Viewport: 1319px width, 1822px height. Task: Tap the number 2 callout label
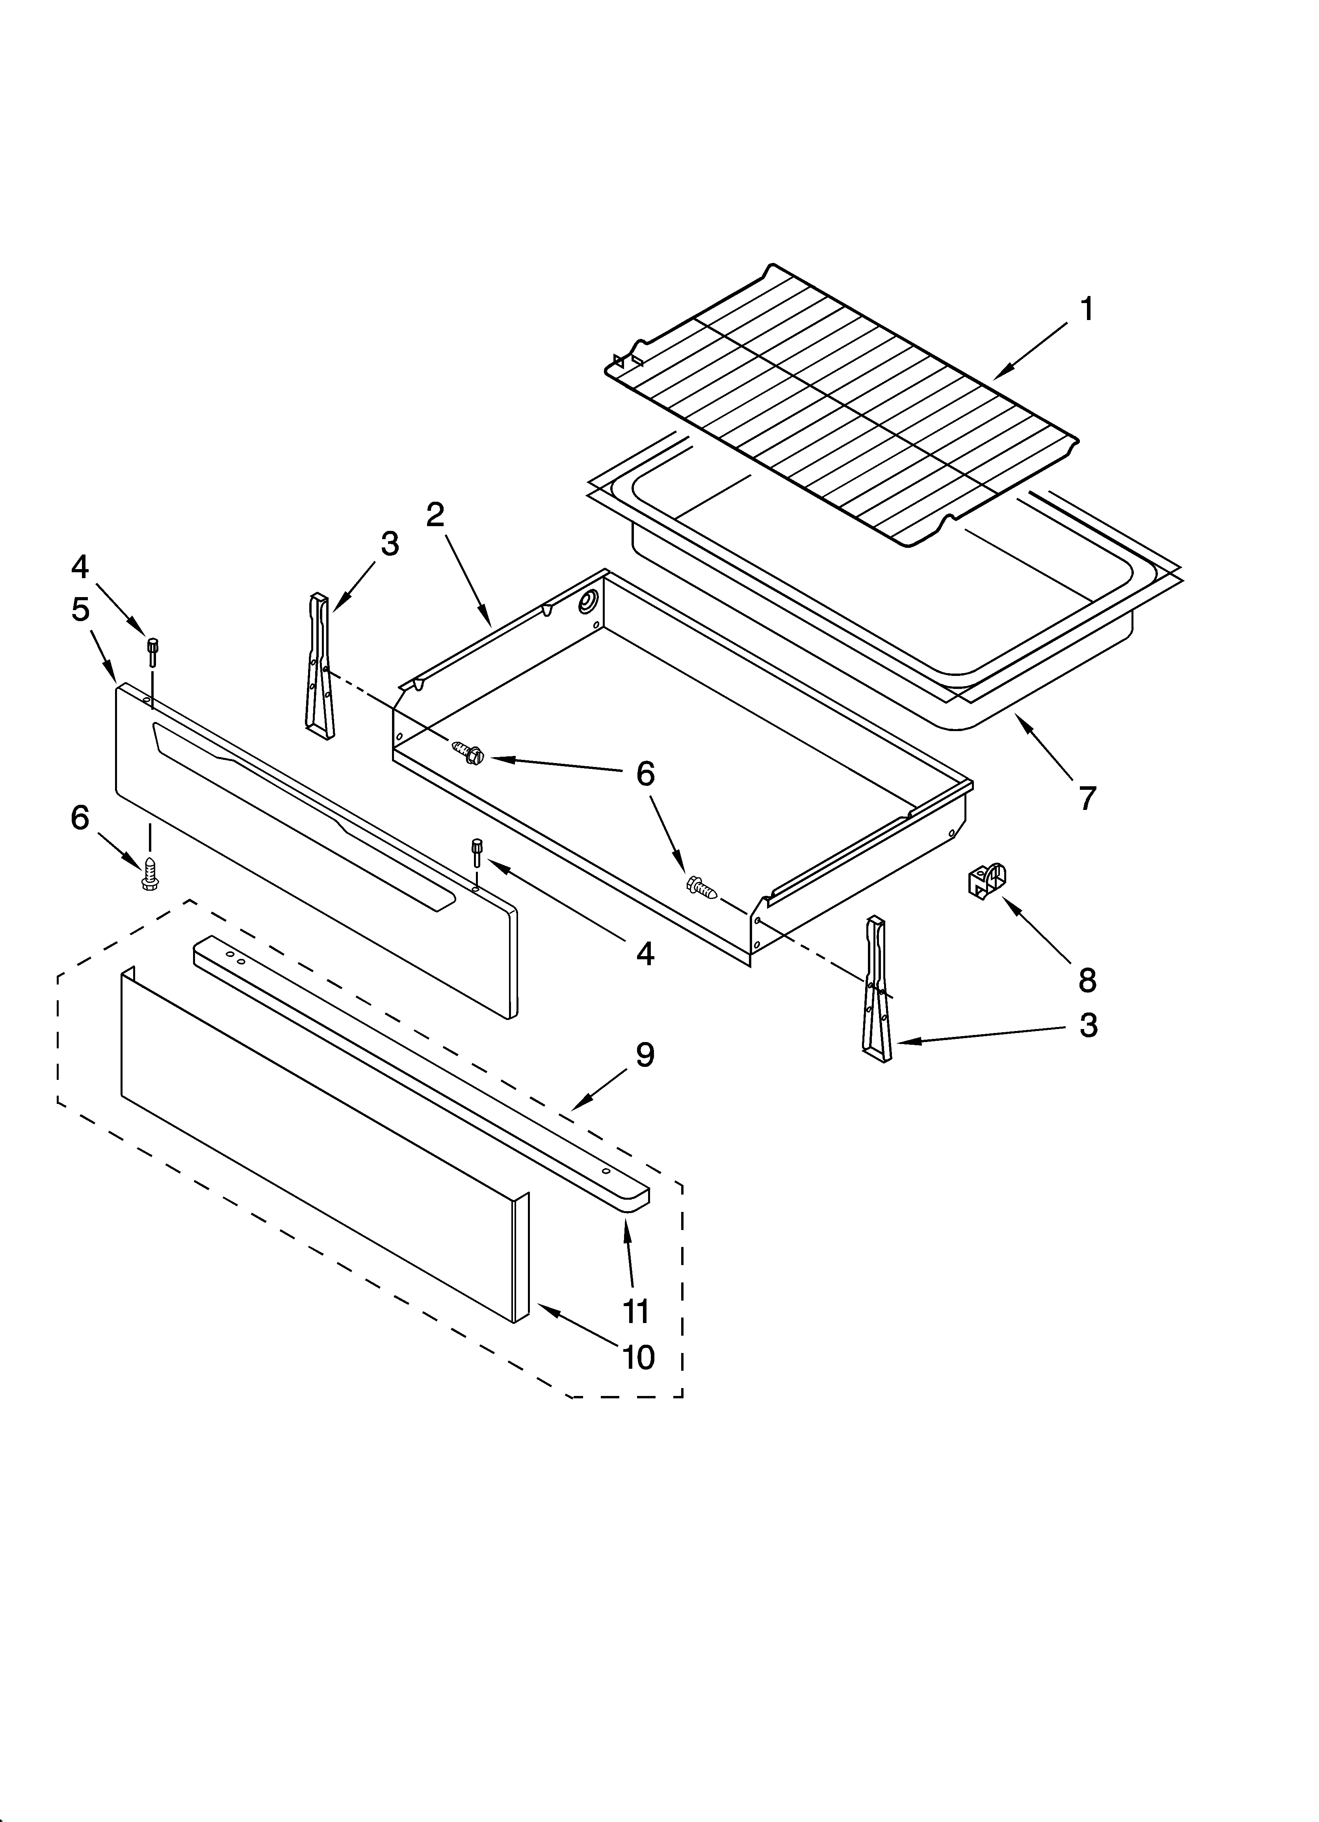435,514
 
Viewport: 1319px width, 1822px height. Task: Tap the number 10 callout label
639,1358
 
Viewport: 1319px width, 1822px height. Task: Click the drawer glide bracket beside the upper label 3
320,665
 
